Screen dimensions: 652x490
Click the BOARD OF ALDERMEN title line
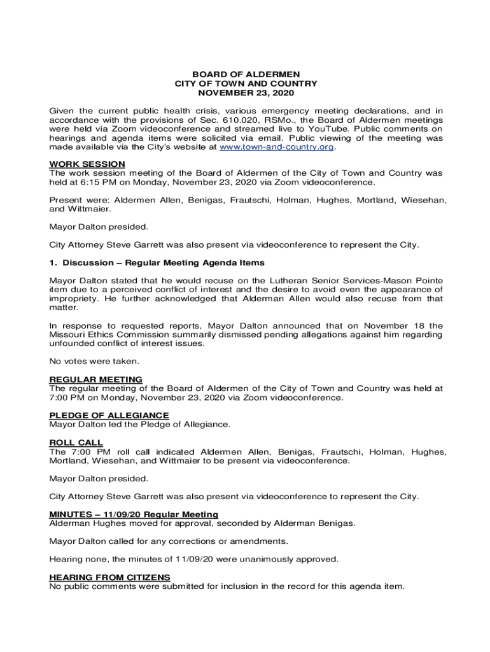click(246, 74)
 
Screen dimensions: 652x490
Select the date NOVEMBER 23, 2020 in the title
click(246, 92)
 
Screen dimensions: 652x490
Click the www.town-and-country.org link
click(276, 147)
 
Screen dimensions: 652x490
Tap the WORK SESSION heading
click(87, 164)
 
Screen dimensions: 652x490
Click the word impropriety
click(73, 299)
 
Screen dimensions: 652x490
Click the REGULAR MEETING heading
click(95, 379)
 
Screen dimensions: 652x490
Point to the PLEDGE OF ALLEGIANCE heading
click(109, 416)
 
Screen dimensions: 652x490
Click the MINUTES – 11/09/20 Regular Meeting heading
click(134, 514)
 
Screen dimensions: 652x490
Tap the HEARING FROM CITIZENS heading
click(109, 578)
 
